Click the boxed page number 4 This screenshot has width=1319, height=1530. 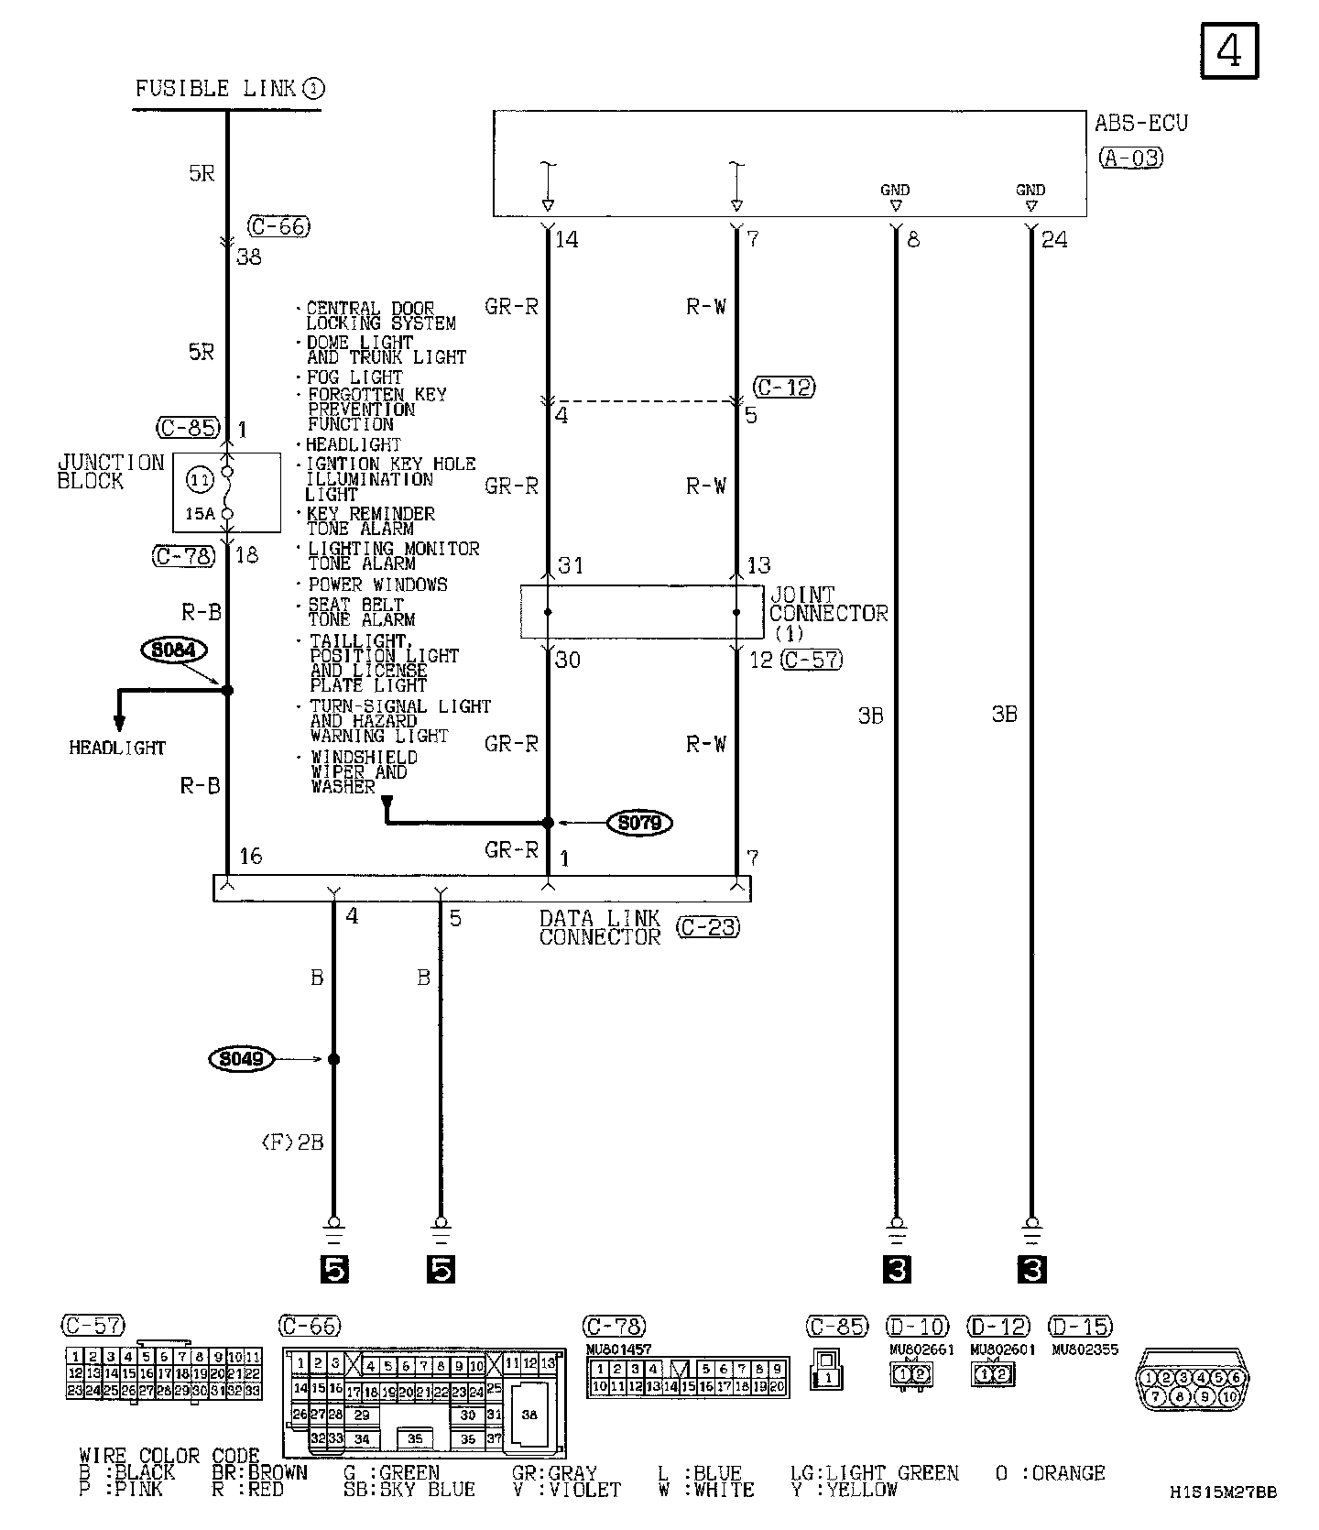tap(1228, 50)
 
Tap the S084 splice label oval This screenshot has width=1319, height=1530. tap(174, 650)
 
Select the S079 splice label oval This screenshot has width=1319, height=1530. tap(639, 823)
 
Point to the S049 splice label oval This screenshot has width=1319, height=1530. tap(242, 1059)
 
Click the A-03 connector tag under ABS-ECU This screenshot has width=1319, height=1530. tap(1130, 158)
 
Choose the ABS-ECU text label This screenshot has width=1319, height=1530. tap(1140, 123)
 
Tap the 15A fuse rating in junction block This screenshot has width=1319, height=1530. tap(200, 514)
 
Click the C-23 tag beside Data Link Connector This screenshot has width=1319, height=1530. tap(707, 927)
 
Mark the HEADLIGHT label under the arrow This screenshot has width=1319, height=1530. tap(117, 748)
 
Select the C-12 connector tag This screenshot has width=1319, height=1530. tap(784, 387)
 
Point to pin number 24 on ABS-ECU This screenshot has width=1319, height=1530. tap(1054, 240)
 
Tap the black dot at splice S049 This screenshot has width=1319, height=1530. tap(333, 1059)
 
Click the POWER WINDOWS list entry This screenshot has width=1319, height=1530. tap(377, 585)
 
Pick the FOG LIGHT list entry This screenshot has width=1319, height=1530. tap(354, 377)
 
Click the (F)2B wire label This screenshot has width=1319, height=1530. tap(292, 1142)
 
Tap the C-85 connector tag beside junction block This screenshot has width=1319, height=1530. tap(187, 427)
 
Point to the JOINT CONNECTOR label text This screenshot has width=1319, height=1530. tap(828, 605)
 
